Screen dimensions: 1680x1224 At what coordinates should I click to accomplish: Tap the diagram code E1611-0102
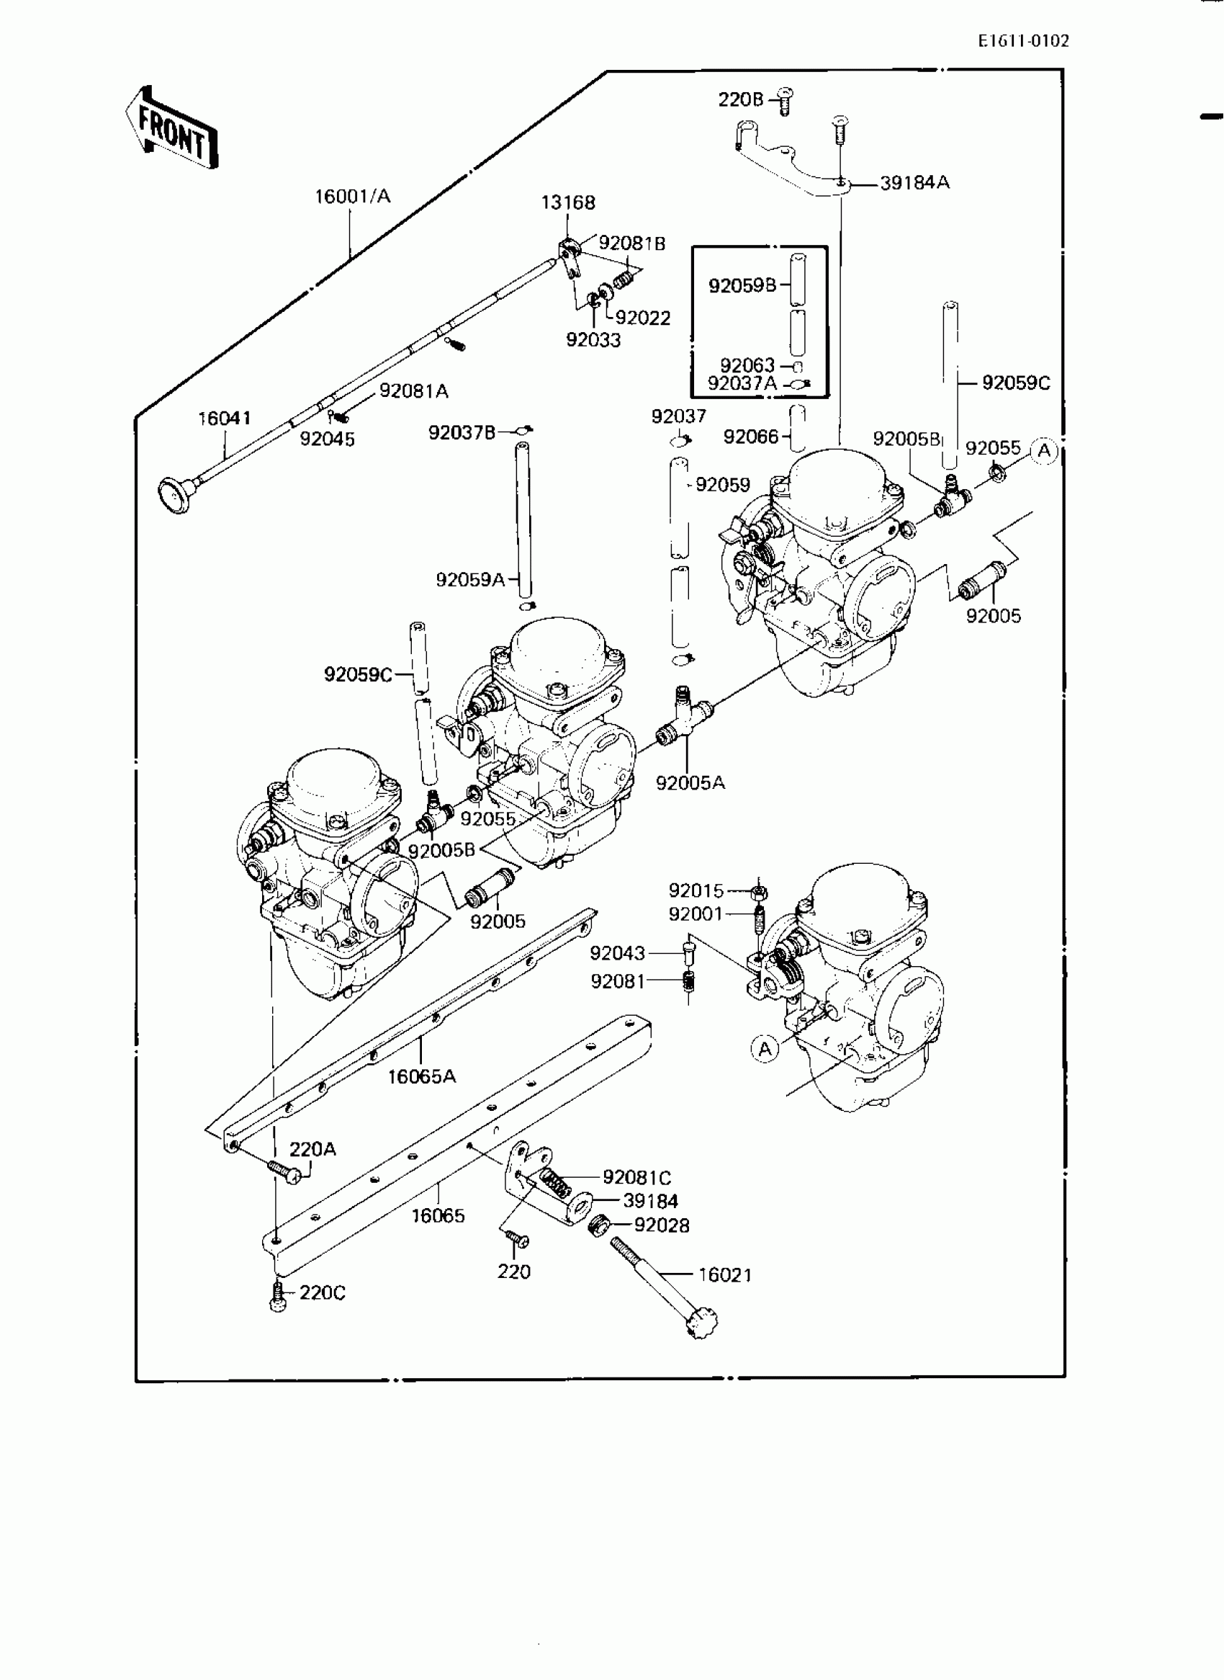pyautogui.click(x=1023, y=42)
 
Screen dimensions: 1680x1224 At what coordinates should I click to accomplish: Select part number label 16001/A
pyautogui.click(x=352, y=197)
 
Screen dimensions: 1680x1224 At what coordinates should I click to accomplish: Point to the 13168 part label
pyautogui.click(x=567, y=202)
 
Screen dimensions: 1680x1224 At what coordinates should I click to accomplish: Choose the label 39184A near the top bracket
pyautogui.click(x=914, y=182)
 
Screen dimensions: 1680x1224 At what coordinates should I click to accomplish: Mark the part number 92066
pyautogui.click(x=750, y=437)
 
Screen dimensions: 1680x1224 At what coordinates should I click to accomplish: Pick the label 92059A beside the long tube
pyautogui.click(x=469, y=579)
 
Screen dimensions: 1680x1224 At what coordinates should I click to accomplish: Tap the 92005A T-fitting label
pyautogui.click(x=690, y=782)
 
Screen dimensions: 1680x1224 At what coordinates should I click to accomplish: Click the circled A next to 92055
pyautogui.click(x=1044, y=450)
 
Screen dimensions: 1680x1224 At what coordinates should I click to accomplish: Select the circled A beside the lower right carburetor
pyautogui.click(x=765, y=1048)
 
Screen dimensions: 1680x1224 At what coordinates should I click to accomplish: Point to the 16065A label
pyautogui.click(x=422, y=1076)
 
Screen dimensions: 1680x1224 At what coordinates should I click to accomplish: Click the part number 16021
pyautogui.click(x=724, y=1275)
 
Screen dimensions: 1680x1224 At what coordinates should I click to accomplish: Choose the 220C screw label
pyautogui.click(x=323, y=1293)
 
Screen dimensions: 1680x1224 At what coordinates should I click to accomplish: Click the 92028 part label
pyautogui.click(x=662, y=1225)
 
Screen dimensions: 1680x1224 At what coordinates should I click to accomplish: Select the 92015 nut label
pyautogui.click(x=696, y=890)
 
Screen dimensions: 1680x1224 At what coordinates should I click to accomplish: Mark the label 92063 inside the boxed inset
pyautogui.click(x=747, y=365)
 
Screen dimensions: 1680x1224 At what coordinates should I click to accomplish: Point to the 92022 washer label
pyautogui.click(x=642, y=318)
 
